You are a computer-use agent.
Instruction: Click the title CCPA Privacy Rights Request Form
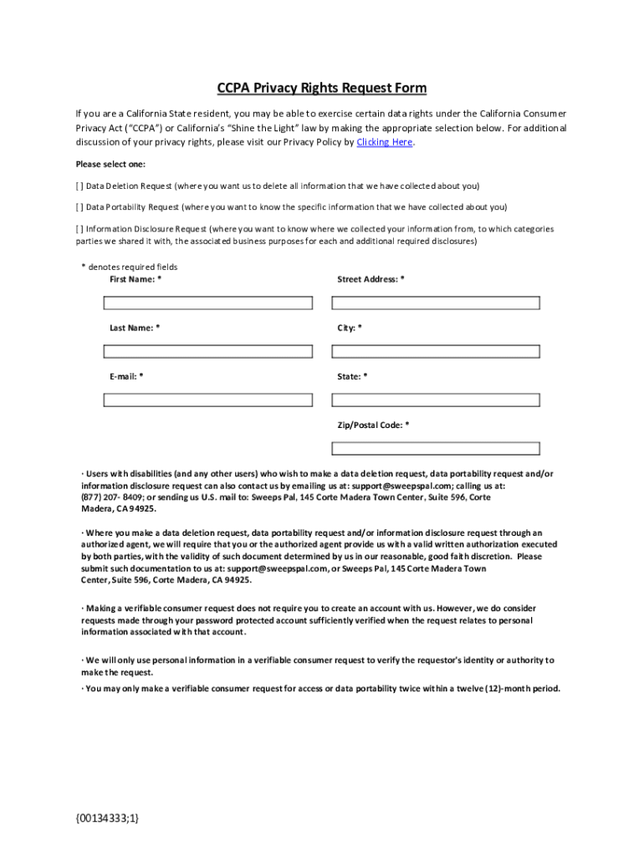[x=322, y=89]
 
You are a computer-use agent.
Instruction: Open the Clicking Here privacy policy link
[x=384, y=143]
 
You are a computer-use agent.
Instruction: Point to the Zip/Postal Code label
[x=373, y=425]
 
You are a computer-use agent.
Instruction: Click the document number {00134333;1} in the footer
[x=107, y=817]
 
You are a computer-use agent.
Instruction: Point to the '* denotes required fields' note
[x=129, y=267]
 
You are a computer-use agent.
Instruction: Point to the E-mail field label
[x=126, y=377]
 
